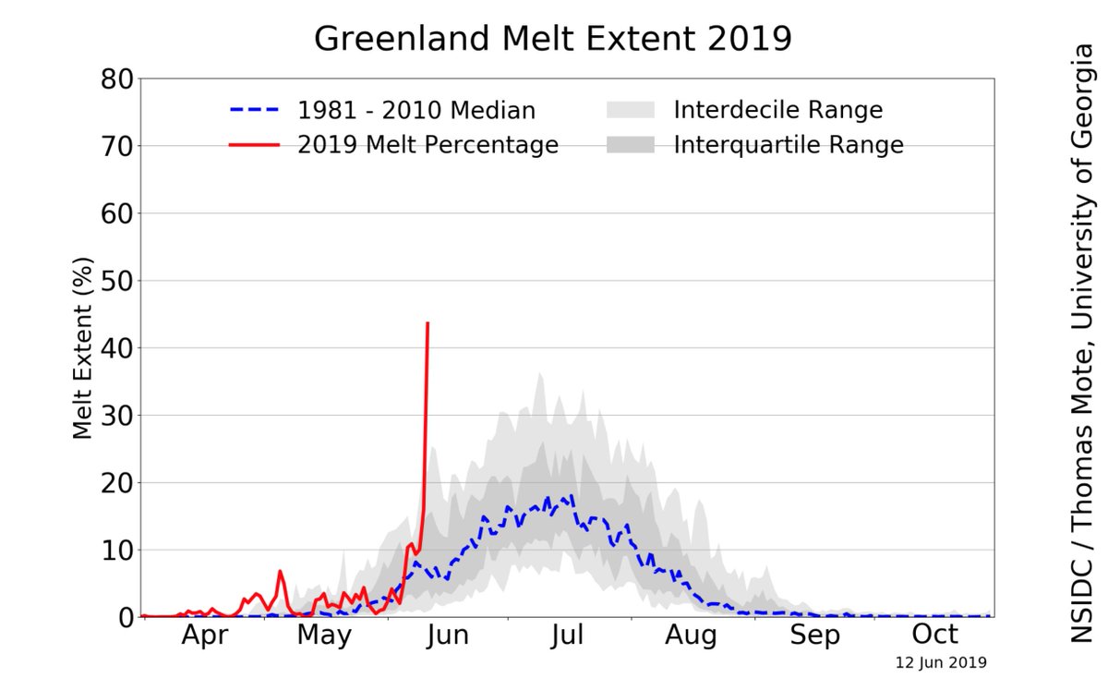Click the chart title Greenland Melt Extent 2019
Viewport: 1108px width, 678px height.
coord(553,39)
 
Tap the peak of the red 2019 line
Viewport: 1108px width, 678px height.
coord(428,322)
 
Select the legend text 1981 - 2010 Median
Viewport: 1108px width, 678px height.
coord(415,111)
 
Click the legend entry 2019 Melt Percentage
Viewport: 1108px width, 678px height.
coord(428,145)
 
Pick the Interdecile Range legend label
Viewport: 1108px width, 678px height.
coord(777,111)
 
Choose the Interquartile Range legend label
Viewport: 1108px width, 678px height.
coord(788,145)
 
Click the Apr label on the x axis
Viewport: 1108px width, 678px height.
coord(204,636)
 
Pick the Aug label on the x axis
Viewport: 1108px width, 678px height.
coord(692,636)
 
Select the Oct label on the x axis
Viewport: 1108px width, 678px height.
coord(935,636)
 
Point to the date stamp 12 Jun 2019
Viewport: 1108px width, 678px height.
coord(941,662)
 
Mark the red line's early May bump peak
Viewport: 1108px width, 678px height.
coord(280,572)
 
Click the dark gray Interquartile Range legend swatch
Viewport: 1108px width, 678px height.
coord(630,145)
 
